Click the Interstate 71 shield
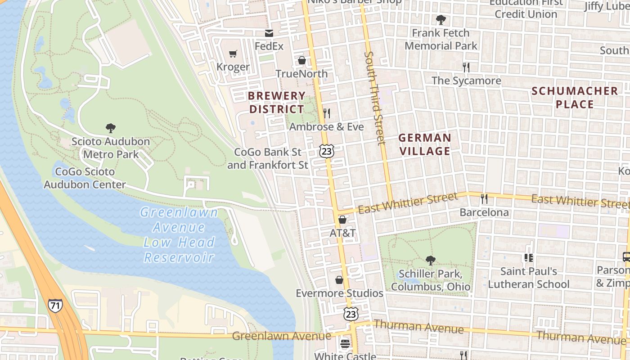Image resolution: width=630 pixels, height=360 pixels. pyautogui.click(x=54, y=306)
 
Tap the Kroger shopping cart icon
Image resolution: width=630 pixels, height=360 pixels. pyautogui.click(x=233, y=54)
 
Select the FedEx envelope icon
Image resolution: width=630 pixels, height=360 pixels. pyautogui.click(x=269, y=33)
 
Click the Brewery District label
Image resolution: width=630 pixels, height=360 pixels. pyautogui.click(x=277, y=103)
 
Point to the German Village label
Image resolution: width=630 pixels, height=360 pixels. pyautogui.click(x=425, y=144)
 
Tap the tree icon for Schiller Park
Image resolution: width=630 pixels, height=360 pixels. pyautogui.click(x=430, y=260)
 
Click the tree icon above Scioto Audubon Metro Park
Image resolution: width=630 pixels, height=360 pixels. pyautogui.click(x=111, y=128)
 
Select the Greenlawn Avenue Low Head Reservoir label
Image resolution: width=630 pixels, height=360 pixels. pyautogui.click(x=179, y=234)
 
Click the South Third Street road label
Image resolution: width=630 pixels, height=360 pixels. pyautogui.click(x=375, y=98)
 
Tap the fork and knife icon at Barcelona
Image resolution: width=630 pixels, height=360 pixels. pyautogui.click(x=484, y=198)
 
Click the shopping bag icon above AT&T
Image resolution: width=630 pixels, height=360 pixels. pyautogui.click(x=342, y=220)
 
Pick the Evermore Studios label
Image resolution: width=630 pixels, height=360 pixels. pyautogui.click(x=339, y=293)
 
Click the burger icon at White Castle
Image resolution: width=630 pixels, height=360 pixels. pyautogui.click(x=345, y=344)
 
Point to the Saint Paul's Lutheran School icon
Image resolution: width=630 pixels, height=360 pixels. pyautogui.click(x=528, y=258)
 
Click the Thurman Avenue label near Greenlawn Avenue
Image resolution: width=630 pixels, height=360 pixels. pyautogui.click(x=418, y=327)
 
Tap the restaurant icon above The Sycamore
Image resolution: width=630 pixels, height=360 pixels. pyautogui.click(x=466, y=67)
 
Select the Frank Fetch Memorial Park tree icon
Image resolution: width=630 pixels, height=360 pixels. pyautogui.click(x=441, y=20)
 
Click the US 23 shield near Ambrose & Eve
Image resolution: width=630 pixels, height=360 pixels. pyautogui.click(x=327, y=151)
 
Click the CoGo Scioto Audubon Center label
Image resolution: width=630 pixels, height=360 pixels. pyautogui.click(x=85, y=178)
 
